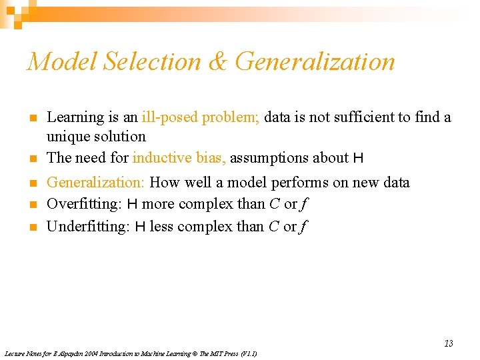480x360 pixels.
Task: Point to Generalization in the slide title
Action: (x=315, y=61)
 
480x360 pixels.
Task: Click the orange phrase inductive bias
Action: (x=179, y=158)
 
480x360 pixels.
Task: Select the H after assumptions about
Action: (x=358, y=158)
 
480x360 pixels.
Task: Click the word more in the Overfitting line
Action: (x=159, y=203)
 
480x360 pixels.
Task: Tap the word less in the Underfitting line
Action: (x=161, y=227)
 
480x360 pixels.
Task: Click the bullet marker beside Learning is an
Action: (x=32, y=119)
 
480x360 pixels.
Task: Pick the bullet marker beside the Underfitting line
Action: (x=32, y=227)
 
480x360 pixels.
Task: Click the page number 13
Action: (x=448, y=343)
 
